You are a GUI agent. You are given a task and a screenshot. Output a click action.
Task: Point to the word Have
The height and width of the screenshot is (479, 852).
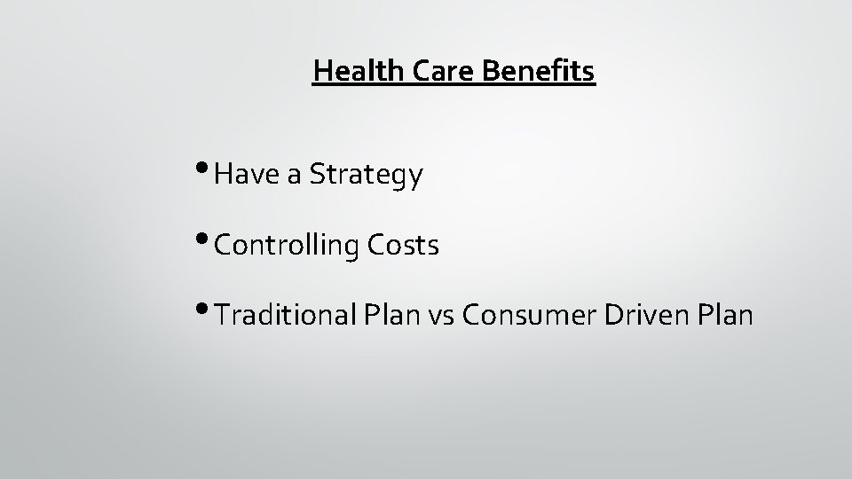pyautogui.click(x=246, y=176)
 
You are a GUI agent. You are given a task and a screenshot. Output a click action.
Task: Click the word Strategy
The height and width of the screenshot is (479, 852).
pyautogui.click(x=366, y=177)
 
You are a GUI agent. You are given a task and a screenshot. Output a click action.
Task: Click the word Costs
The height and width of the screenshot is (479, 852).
pyautogui.click(x=405, y=246)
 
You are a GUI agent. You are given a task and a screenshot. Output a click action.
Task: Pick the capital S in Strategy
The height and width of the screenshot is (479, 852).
pyautogui.click(x=317, y=176)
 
